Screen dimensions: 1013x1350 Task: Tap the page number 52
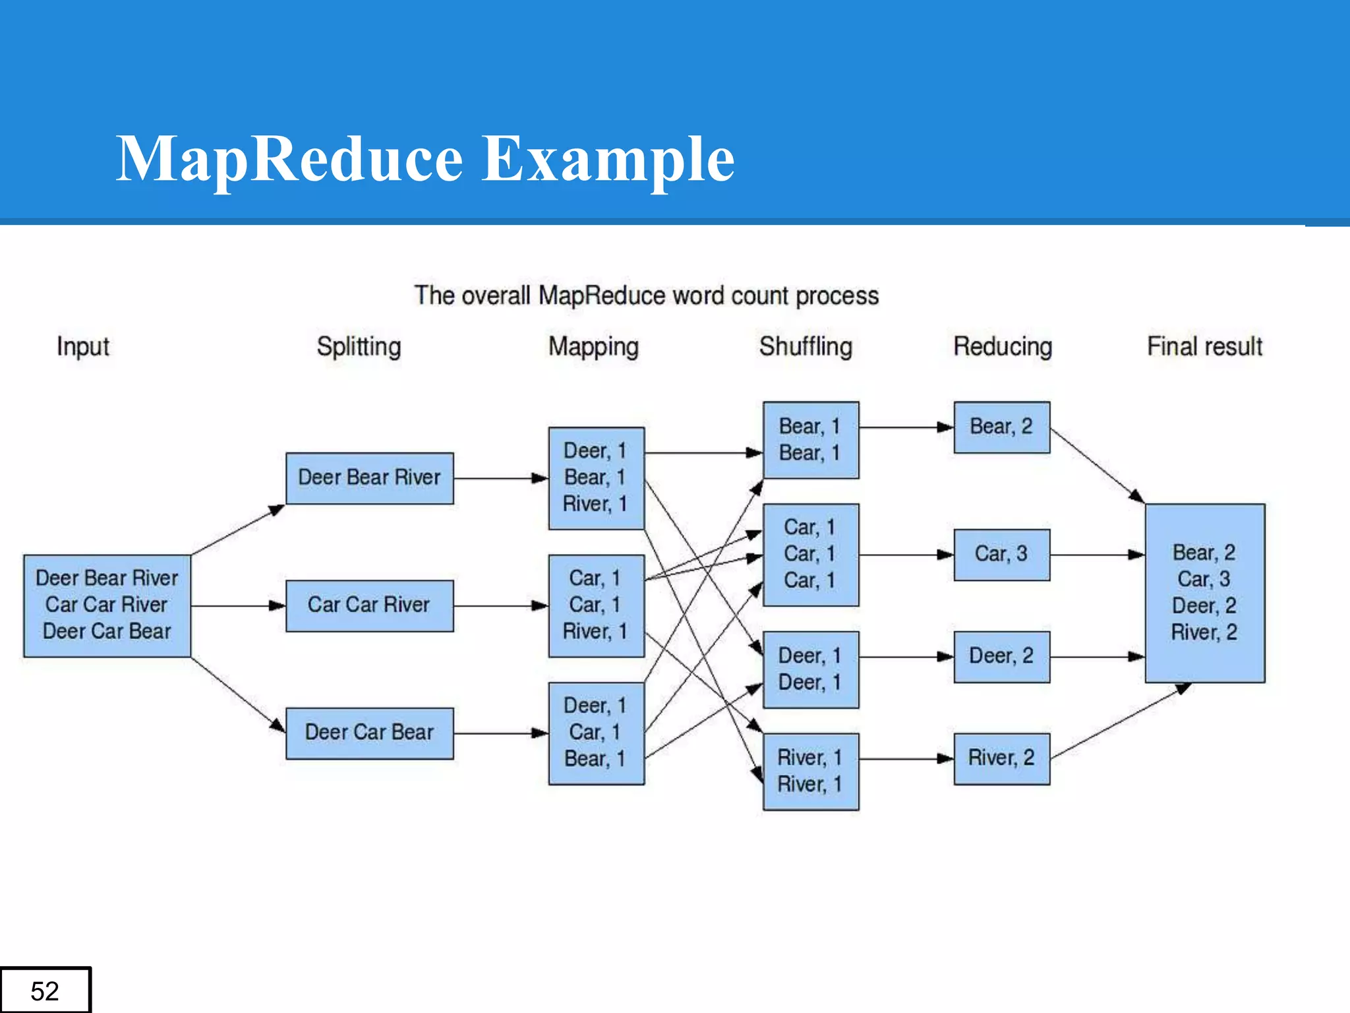click(45, 991)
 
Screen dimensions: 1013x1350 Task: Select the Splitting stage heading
click(359, 347)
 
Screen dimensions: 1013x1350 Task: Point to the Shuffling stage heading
click(806, 346)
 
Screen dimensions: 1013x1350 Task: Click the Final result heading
click(1204, 346)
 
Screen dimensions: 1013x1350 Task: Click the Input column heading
click(82, 347)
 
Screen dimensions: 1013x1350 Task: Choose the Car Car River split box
click(369, 605)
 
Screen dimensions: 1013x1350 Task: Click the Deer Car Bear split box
click(369, 733)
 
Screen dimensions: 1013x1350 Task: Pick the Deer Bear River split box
click(369, 478)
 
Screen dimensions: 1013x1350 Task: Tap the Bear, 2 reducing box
click(1001, 427)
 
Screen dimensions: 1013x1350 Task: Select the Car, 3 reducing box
click(1001, 554)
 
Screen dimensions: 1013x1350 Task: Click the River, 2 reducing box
click(1001, 758)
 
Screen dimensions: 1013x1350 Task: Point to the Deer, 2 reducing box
click(1001, 656)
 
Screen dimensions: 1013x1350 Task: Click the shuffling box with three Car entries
click(810, 554)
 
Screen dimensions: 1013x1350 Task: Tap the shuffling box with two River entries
click(810, 771)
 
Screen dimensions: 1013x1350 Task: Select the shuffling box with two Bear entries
click(810, 440)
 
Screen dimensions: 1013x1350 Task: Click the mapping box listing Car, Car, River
click(596, 605)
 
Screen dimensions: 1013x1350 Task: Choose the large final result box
click(1204, 592)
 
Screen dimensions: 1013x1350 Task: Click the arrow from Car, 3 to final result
click(1097, 555)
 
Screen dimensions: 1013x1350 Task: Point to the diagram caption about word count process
click(646, 296)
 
